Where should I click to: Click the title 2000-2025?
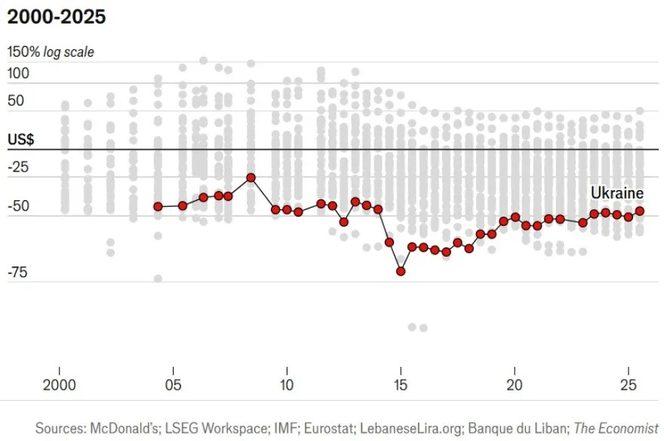(57, 17)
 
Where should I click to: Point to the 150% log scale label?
(51, 53)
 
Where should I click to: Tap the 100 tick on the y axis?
(19, 73)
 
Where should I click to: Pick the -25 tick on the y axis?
(18, 166)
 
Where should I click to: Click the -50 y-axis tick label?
(18, 206)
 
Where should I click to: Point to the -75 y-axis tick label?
(18, 273)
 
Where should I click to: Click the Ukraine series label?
(616, 193)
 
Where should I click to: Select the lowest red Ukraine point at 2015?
(401, 271)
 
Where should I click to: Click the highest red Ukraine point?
(251, 177)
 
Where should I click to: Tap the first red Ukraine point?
(158, 206)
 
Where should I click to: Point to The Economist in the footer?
(616, 427)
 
